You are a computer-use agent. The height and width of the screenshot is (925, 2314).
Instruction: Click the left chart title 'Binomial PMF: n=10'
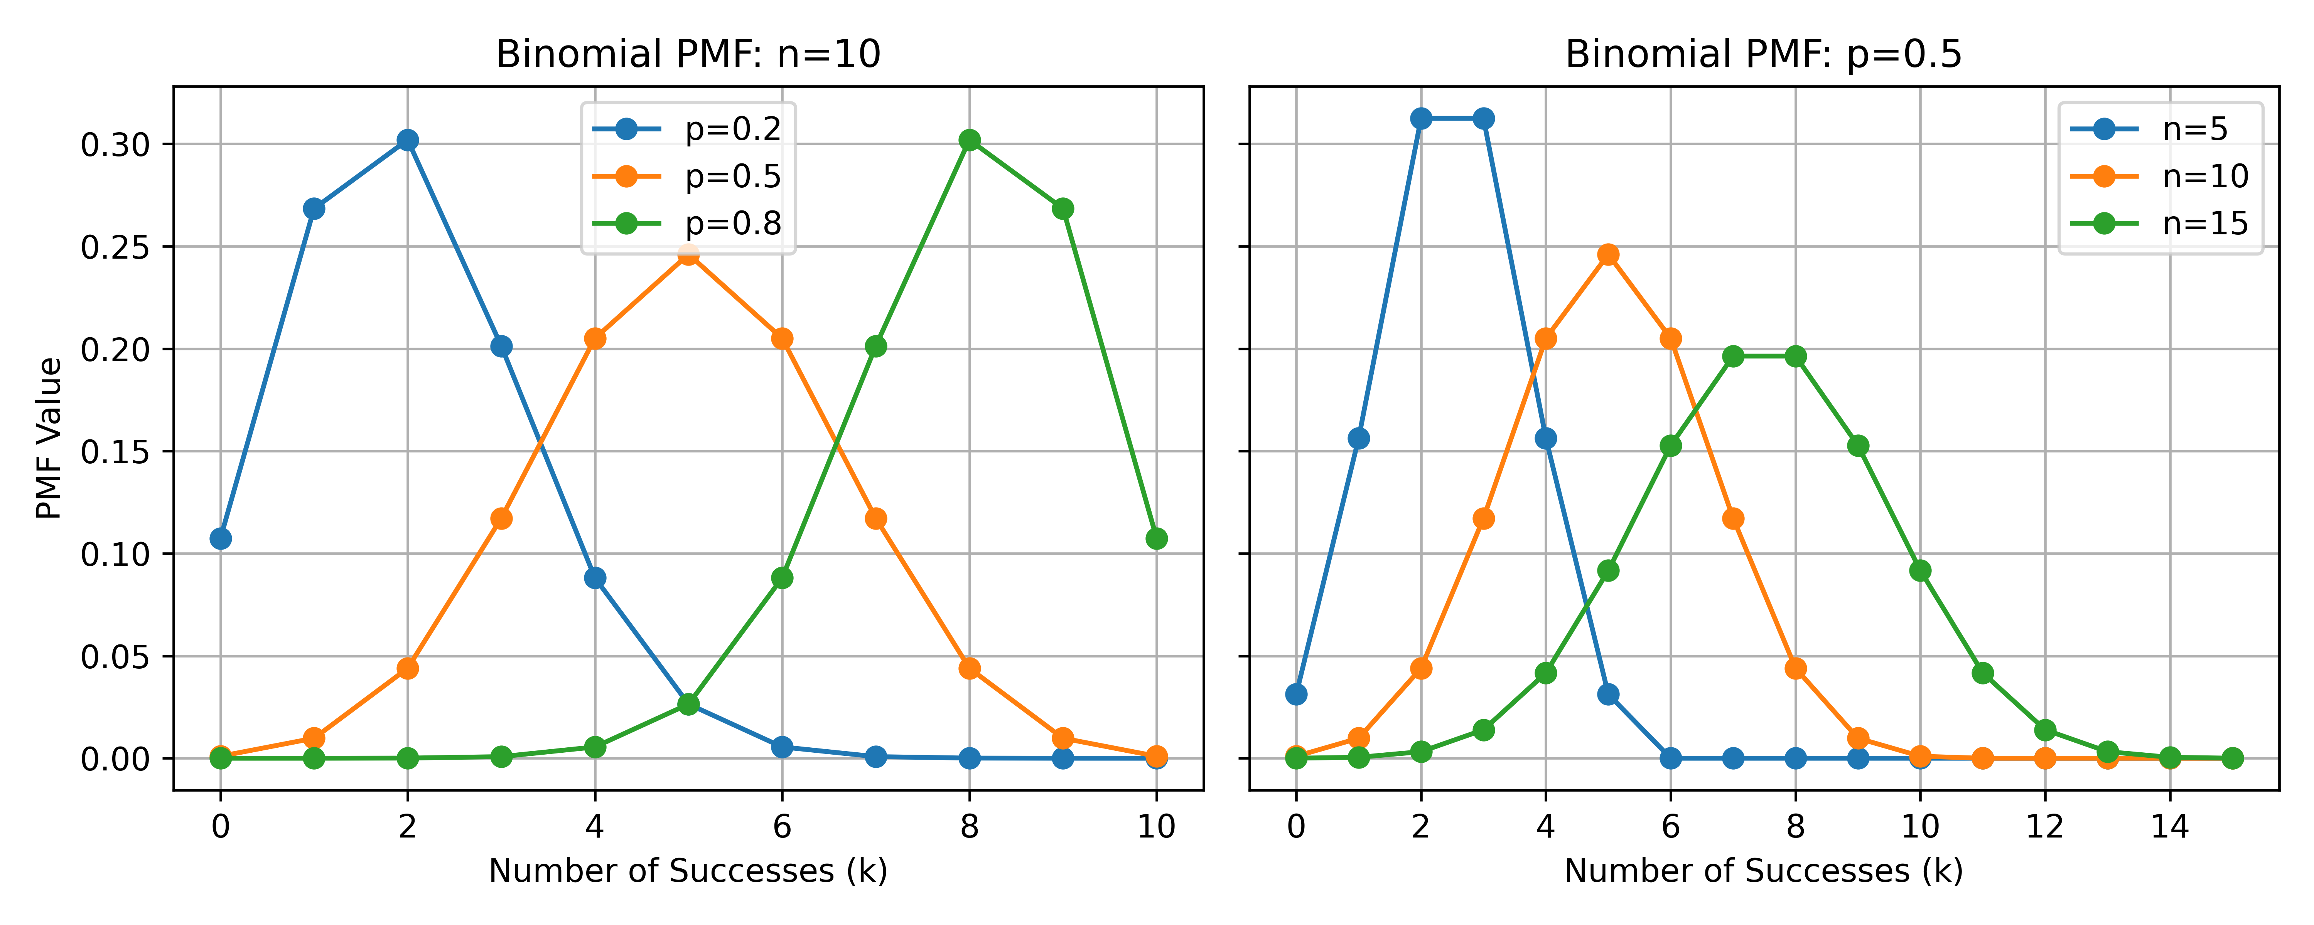tap(688, 55)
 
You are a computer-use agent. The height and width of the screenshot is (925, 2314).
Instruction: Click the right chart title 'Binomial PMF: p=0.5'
tap(1763, 55)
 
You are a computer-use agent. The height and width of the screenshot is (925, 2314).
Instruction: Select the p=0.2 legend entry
tap(687, 129)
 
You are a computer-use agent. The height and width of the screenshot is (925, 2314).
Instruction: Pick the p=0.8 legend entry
tap(687, 223)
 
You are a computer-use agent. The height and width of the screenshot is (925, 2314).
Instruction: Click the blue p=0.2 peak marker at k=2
tap(408, 140)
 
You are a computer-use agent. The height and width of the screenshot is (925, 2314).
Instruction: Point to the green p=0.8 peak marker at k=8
tap(969, 140)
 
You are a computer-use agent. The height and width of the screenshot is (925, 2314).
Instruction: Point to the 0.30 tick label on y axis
tap(115, 145)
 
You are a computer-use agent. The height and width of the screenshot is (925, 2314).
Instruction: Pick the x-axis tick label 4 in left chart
tap(595, 826)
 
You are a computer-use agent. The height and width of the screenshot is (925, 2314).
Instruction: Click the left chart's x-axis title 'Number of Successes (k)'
tap(688, 871)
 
